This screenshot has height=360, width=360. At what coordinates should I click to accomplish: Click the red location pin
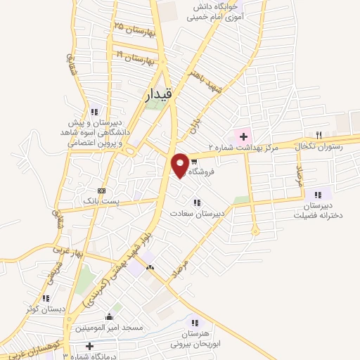[x=181, y=165]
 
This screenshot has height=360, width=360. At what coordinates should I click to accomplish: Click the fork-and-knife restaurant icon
[x=319, y=135]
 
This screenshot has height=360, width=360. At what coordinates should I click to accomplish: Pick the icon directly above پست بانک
[x=102, y=191]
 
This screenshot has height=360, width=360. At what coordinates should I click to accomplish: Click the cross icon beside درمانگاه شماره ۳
[x=89, y=346]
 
